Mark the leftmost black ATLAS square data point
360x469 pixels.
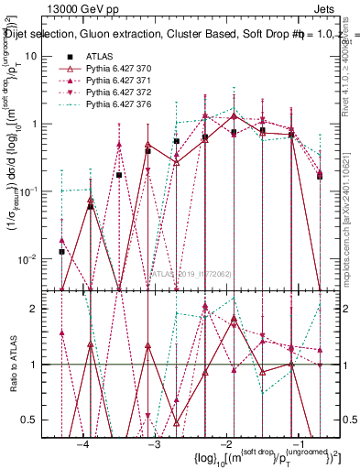(x=61, y=251)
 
